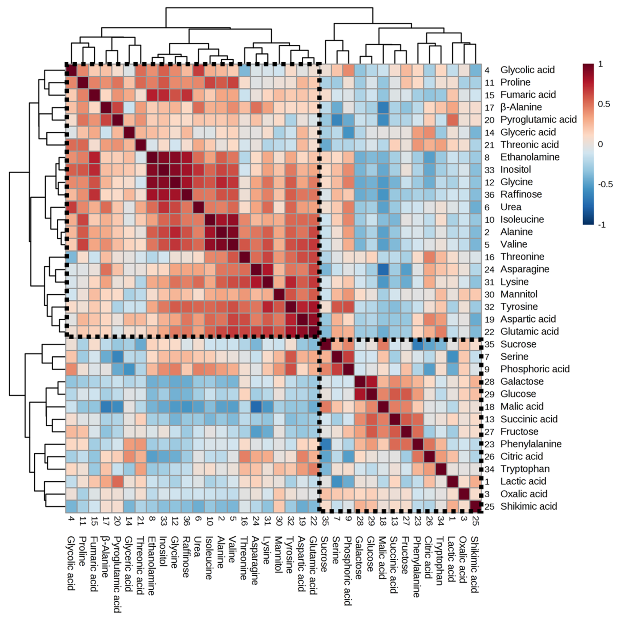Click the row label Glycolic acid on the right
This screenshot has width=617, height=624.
527,70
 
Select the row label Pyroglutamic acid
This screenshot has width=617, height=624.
538,120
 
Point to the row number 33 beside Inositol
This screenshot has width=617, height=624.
489,170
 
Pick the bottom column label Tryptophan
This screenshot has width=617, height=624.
440,561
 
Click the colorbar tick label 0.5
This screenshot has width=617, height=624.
604,104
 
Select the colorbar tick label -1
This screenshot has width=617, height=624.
602,225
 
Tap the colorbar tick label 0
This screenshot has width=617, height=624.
600,144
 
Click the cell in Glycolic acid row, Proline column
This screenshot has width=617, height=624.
83,70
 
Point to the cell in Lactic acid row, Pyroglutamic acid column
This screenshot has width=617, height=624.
117,481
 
